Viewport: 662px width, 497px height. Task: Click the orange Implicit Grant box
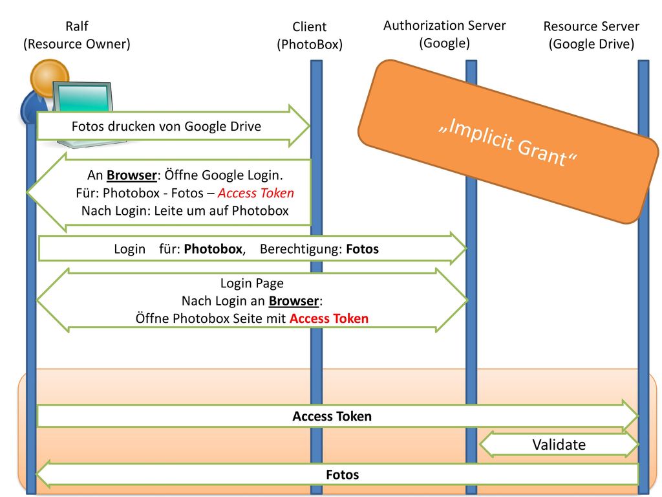pos(508,141)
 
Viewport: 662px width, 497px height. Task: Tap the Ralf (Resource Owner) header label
pos(77,35)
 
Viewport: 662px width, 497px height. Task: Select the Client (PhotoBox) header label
pos(310,36)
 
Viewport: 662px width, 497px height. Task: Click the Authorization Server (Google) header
pos(445,34)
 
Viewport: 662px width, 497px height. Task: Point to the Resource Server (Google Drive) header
pos(591,35)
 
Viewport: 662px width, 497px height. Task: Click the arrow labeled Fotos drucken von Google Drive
pos(173,126)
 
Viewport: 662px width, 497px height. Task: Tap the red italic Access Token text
pos(256,193)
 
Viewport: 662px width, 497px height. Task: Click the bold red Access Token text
pos(329,318)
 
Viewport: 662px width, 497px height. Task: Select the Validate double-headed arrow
pos(559,445)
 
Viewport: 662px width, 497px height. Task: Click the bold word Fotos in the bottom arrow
pos(343,474)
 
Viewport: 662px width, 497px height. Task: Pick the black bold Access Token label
pos(332,416)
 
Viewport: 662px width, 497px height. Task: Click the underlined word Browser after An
pos(132,175)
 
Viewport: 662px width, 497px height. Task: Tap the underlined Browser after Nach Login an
pos(294,301)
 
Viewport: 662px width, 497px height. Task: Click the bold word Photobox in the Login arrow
pos(213,249)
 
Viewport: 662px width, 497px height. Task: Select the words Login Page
pos(252,283)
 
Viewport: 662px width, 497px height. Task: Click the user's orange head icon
pos(49,78)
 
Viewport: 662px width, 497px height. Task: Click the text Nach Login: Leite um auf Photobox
pos(185,210)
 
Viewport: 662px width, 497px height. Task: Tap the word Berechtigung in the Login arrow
pos(301,249)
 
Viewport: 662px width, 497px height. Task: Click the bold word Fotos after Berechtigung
pos(363,249)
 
